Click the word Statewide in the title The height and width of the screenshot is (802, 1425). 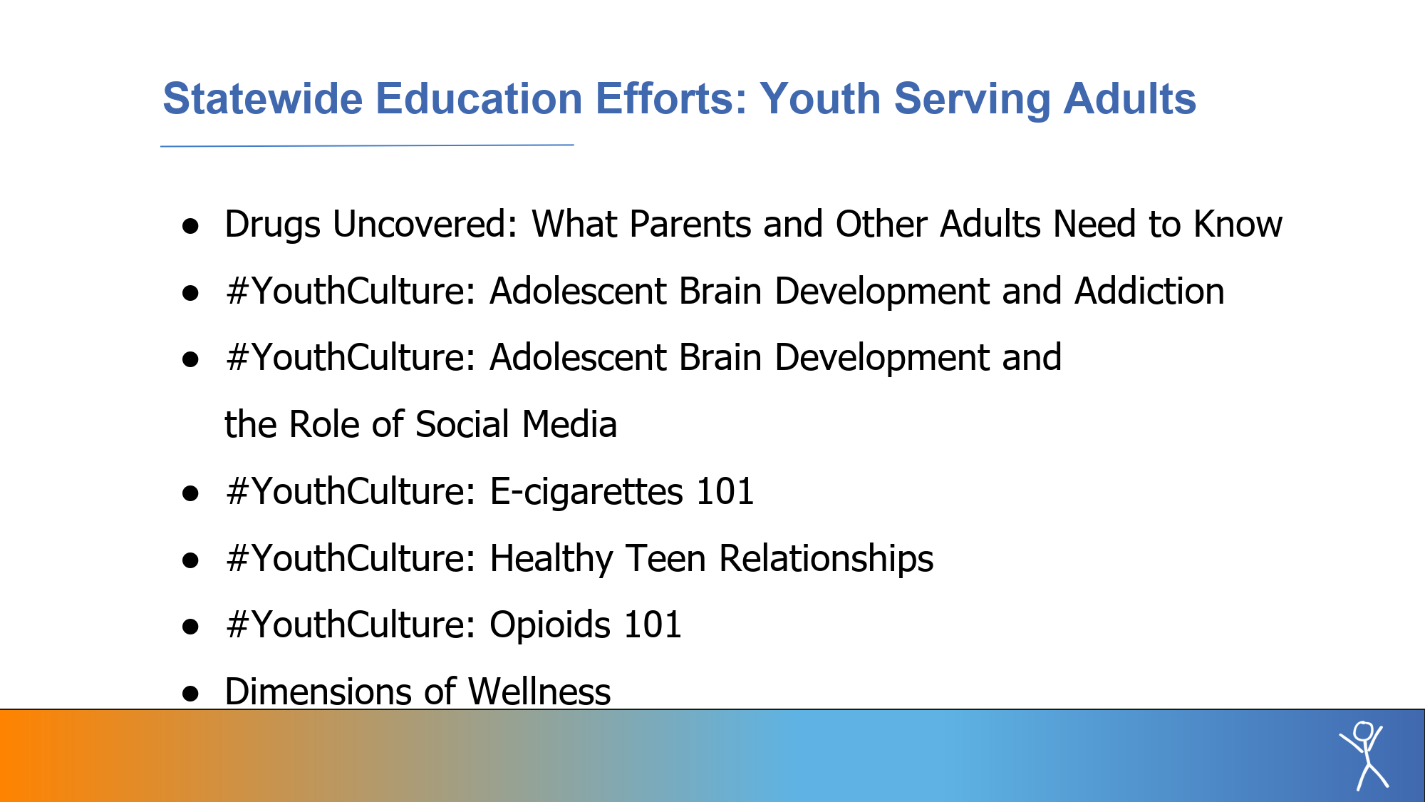262,98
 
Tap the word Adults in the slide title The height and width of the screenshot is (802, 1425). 1129,98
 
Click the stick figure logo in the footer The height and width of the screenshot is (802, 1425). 1364,756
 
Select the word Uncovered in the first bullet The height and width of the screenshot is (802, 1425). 425,224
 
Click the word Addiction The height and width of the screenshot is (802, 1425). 1149,291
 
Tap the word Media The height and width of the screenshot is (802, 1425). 569,424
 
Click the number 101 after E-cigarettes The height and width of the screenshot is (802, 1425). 725,491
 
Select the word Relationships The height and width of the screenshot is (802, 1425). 826,558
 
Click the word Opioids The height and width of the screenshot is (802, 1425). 550,625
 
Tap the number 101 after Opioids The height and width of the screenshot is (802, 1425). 653,624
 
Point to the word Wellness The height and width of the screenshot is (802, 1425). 539,692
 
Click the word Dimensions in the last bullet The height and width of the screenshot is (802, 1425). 318,692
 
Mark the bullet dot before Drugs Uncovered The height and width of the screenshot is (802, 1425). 190,227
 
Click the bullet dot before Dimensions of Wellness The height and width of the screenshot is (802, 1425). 190,694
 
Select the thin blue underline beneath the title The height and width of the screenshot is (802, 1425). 367,145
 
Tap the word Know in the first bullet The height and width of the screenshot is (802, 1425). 1238,224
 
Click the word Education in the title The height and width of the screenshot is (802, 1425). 479,98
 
